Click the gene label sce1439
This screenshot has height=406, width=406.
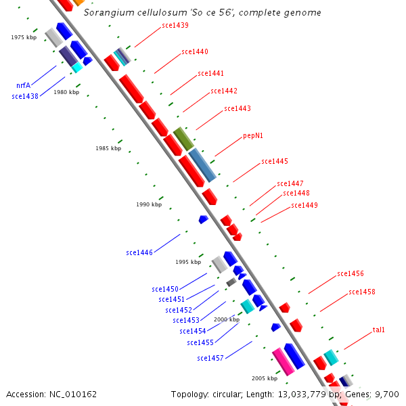[175, 26]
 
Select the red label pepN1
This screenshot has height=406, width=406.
[253, 135]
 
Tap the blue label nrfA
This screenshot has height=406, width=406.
[23, 86]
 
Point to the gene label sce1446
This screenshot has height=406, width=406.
[139, 252]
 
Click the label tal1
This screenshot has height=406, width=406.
[378, 330]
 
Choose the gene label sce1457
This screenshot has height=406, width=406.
[210, 358]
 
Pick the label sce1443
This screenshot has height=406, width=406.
[238, 108]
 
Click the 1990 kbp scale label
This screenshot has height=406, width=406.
[149, 204]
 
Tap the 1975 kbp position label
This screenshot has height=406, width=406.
[24, 38]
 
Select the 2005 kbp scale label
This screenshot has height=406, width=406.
[265, 378]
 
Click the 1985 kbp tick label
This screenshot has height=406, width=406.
[108, 148]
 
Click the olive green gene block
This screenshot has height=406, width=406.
[183, 139]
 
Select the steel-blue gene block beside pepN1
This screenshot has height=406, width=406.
[202, 165]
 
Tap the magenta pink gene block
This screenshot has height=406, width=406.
[283, 361]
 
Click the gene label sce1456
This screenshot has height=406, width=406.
[351, 274]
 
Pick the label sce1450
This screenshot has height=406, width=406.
[165, 289]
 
